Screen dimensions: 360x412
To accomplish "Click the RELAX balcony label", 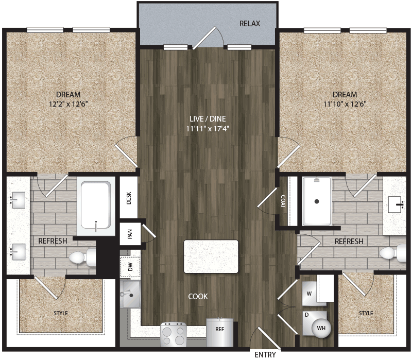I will pos(250,24).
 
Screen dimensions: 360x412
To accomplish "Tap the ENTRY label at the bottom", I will pos(266,354).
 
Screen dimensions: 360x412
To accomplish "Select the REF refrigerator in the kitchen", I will pos(219,330).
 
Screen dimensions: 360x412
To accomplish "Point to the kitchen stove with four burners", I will pos(175,335).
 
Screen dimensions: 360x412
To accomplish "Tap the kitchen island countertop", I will pos(211,256).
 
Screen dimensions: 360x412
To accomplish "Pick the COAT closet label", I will pos(284,199).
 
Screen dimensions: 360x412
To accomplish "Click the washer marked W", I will pos(309,294).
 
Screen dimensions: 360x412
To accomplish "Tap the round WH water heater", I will pos(321,328).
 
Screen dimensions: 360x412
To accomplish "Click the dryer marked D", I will pos(307,314).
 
